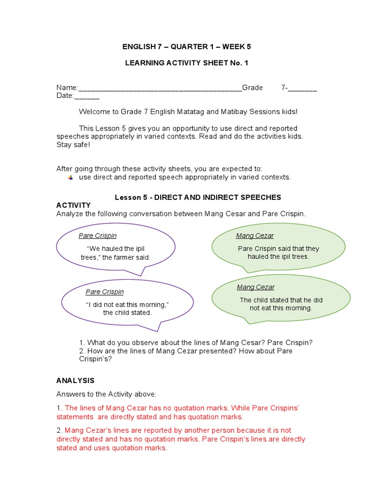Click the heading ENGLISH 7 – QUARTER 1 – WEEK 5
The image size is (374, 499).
[187, 47]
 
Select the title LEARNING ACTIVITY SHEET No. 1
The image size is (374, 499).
[187, 63]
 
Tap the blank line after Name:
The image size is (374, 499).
[160, 89]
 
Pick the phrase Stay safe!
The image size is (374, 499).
[73, 145]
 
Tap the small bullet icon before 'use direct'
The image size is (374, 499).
[71, 177]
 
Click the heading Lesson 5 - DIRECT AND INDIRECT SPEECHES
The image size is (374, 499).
[198, 197]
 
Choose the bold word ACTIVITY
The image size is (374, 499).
[74, 205]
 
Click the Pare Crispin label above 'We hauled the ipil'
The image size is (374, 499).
[97, 236]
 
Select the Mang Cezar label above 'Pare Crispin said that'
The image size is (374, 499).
[255, 236]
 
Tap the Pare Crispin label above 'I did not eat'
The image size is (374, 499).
[105, 292]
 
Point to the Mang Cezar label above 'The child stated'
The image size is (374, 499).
[256, 287]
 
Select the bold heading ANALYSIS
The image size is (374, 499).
[75, 381]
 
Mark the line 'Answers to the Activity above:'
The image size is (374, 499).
[107, 394]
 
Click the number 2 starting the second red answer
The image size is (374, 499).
[58, 430]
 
